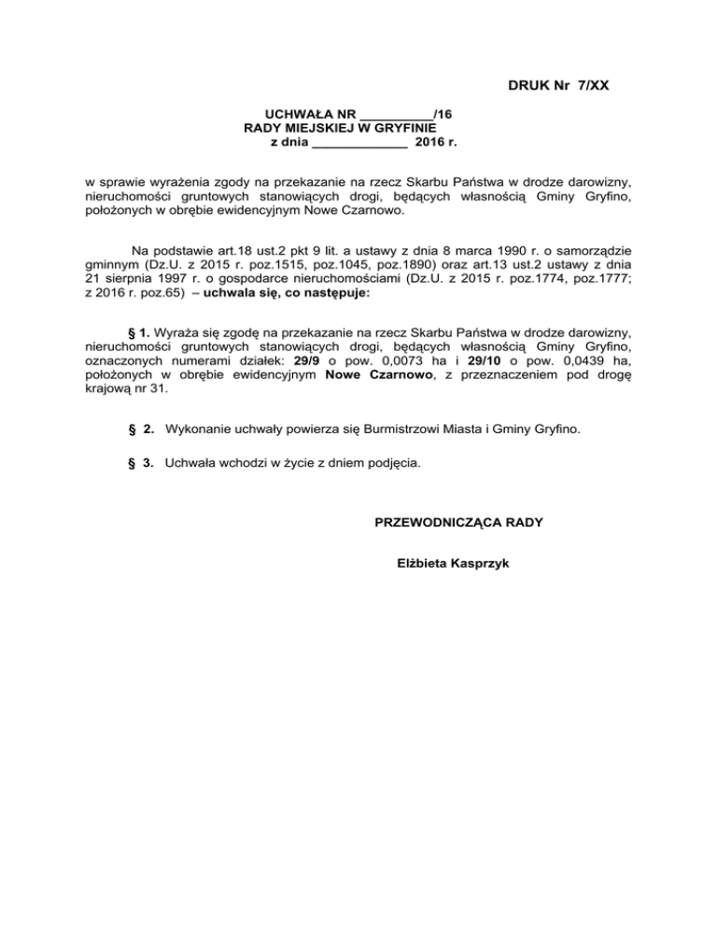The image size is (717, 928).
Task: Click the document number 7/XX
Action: click(x=587, y=87)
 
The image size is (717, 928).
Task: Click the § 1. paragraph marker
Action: click(x=137, y=331)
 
